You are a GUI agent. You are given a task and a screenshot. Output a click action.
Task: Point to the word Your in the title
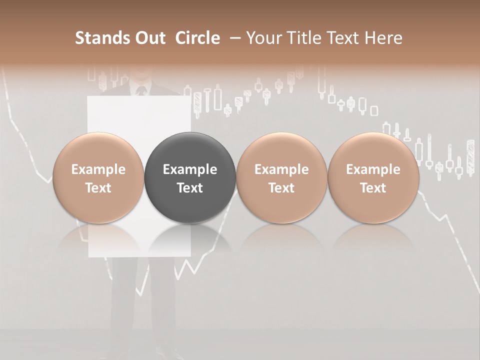264,38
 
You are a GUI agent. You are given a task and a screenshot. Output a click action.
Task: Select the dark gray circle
190,178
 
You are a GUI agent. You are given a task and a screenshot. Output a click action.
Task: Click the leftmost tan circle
98,178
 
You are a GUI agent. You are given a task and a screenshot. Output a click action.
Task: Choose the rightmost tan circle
373,178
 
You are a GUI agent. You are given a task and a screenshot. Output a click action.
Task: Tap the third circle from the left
281,178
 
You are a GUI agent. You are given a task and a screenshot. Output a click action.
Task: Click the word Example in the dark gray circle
190,169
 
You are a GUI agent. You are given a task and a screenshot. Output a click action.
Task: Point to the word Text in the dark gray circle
190,188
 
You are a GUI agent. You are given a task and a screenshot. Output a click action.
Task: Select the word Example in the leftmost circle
98,169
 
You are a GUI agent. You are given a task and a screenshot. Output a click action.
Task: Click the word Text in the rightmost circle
373,188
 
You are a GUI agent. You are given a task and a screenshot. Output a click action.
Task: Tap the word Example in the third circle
281,169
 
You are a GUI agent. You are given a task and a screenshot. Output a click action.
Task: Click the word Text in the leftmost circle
98,188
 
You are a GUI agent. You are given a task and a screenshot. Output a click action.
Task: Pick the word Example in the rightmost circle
373,169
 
